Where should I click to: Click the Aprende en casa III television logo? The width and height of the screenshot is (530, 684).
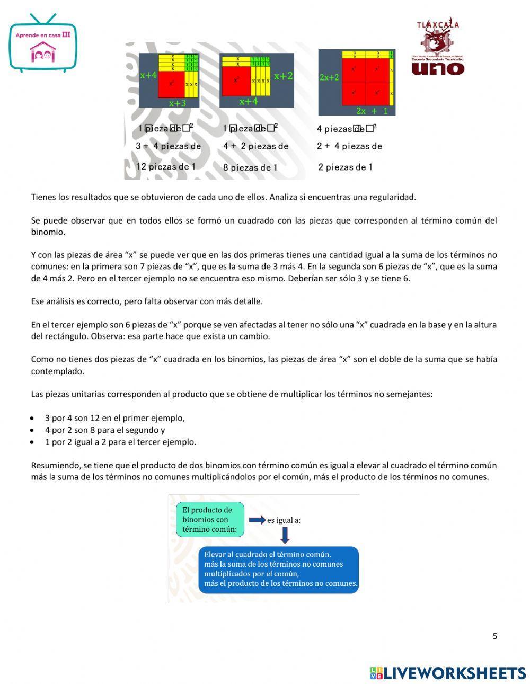(x=43, y=45)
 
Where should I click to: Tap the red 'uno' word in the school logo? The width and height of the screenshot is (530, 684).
(x=438, y=68)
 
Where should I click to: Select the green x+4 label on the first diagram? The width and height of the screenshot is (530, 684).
(x=148, y=75)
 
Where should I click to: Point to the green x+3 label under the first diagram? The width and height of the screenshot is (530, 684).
(x=178, y=103)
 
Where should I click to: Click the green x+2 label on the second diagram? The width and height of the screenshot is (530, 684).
(x=283, y=76)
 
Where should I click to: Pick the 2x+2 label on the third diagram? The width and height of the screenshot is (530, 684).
(x=329, y=77)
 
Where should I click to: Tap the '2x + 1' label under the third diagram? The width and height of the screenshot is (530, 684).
(x=372, y=111)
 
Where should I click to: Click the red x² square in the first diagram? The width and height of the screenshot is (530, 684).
(x=171, y=84)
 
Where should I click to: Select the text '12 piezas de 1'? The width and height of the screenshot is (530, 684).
(x=166, y=166)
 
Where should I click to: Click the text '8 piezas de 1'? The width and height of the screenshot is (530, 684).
(x=250, y=167)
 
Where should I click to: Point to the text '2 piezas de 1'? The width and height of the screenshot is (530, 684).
(x=345, y=167)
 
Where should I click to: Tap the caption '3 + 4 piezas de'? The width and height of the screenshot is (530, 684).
(x=169, y=146)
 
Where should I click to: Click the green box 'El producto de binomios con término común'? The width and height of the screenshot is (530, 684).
(x=210, y=519)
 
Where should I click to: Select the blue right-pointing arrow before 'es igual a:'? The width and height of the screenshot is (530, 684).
(x=257, y=520)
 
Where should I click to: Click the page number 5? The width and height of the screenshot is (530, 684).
(x=495, y=636)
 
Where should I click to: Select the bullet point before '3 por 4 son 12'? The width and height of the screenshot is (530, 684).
(x=33, y=418)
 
